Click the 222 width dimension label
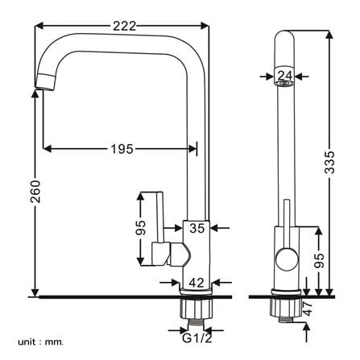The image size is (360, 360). coord(125,26)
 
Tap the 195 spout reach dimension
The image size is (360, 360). coord(122,149)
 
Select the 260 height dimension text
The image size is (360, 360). coord(35,192)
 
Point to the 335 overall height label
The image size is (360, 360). coord(329,162)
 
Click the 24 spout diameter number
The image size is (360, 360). coord(285,76)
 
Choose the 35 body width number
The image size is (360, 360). coord(197,228)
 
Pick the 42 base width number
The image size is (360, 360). coord(197,283)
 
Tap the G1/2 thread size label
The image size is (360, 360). coord(197,338)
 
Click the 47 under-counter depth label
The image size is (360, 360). coord(308,308)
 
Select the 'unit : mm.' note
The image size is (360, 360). coord(41,342)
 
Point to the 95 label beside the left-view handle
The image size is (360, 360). coord(141,228)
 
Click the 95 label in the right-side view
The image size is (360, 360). coord(319,260)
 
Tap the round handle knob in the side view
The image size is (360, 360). coord(287,259)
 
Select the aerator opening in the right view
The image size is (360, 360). coord(285,84)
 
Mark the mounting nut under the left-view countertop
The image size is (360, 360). coord(196,308)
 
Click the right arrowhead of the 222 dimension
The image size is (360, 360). coord(205,26)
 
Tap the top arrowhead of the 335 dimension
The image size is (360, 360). coord(329,35)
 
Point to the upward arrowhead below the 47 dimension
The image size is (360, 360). coord(307,326)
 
